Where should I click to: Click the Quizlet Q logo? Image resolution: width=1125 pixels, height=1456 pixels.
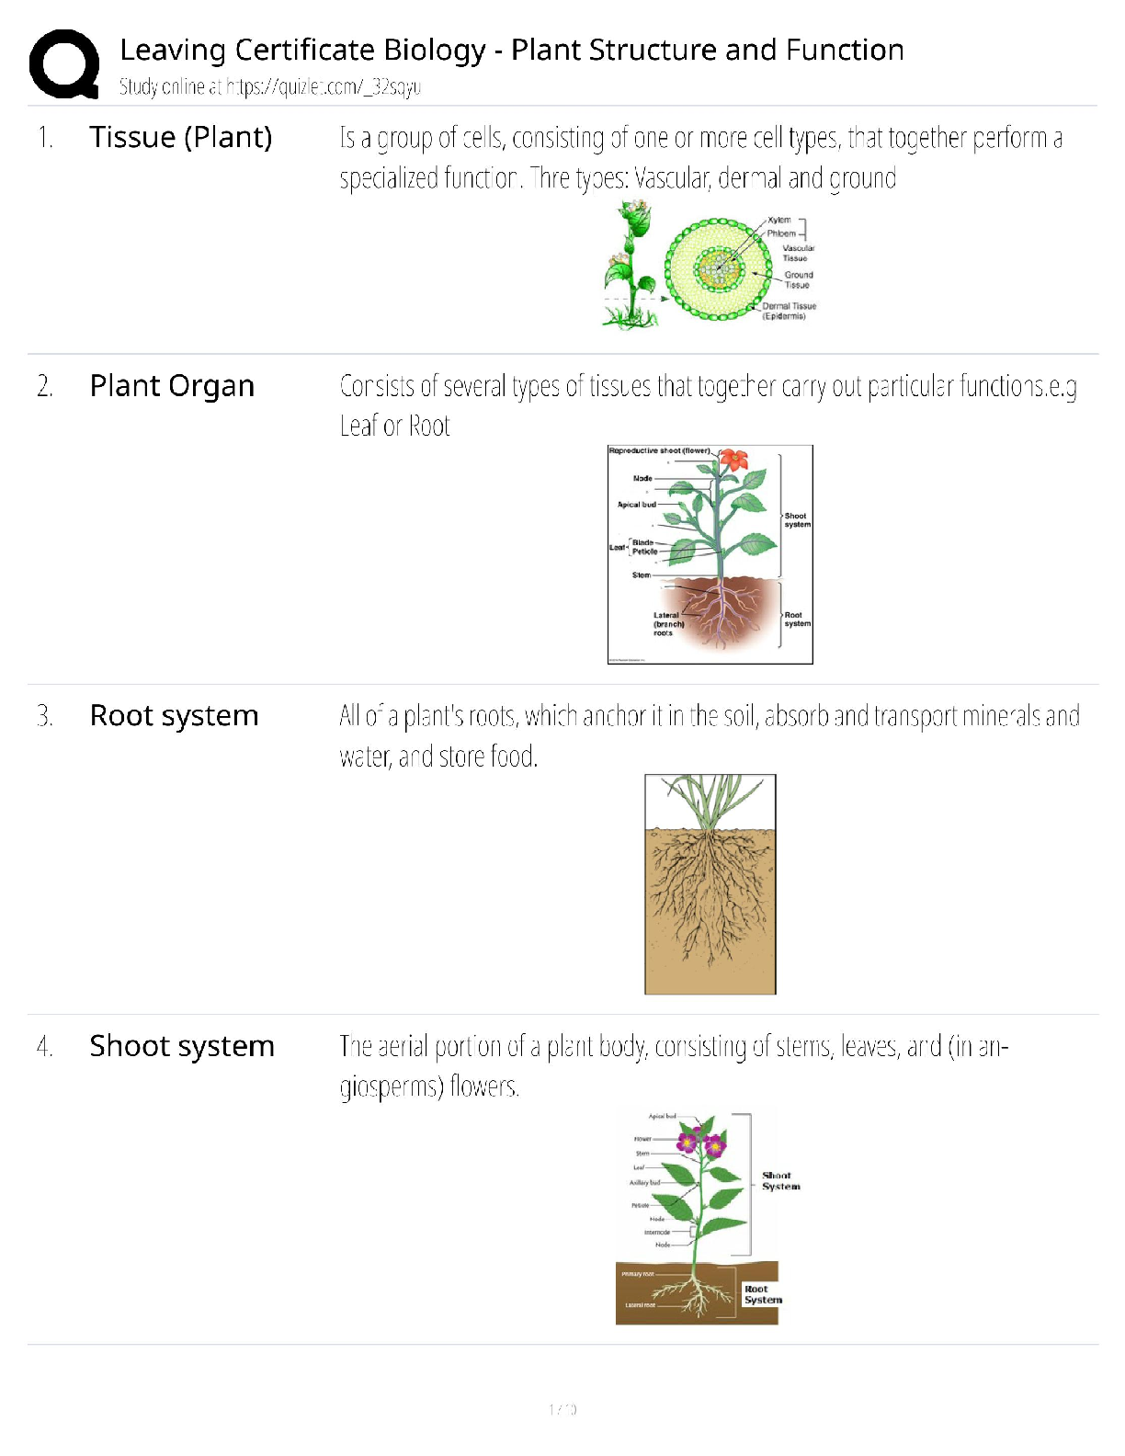(64, 63)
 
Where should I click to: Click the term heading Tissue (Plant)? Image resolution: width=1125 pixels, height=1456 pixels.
(180, 137)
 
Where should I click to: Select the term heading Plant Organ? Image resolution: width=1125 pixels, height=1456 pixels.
(172, 386)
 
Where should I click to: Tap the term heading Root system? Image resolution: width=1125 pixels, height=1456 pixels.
(174, 715)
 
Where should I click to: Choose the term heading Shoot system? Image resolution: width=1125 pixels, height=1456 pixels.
(182, 1046)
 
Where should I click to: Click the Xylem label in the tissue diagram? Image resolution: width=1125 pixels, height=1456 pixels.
(779, 221)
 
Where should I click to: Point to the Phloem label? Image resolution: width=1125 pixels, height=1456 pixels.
(781, 233)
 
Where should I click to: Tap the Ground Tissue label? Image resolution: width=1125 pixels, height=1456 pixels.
(798, 279)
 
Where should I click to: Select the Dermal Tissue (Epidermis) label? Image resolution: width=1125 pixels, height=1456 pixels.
(788, 311)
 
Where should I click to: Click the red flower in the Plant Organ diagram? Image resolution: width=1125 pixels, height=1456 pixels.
(733, 460)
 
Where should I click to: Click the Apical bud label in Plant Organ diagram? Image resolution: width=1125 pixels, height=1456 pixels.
(637, 505)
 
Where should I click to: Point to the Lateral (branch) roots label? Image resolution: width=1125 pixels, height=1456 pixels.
(666, 624)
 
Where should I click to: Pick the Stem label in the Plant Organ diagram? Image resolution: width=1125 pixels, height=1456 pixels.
(642, 575)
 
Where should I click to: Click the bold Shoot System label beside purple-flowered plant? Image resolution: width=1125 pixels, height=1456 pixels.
(780, 1181)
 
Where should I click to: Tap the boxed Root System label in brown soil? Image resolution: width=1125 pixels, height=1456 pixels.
(763, 1294)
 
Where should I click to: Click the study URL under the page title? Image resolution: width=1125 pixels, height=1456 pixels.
(324, 87)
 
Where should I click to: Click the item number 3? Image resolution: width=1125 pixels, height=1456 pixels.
(44, 716)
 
